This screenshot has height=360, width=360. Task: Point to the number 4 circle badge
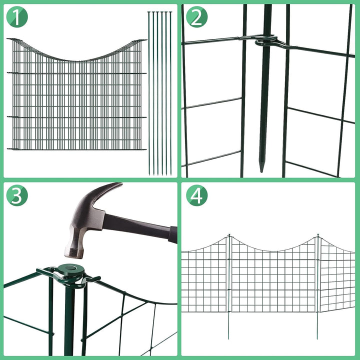(196, 195)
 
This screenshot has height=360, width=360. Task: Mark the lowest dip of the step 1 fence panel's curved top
(75, 60)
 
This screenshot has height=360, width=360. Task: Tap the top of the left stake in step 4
(229, 234)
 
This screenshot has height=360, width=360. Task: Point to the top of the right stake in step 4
(317, 234)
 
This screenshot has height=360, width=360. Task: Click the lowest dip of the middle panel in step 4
(273, 251)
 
